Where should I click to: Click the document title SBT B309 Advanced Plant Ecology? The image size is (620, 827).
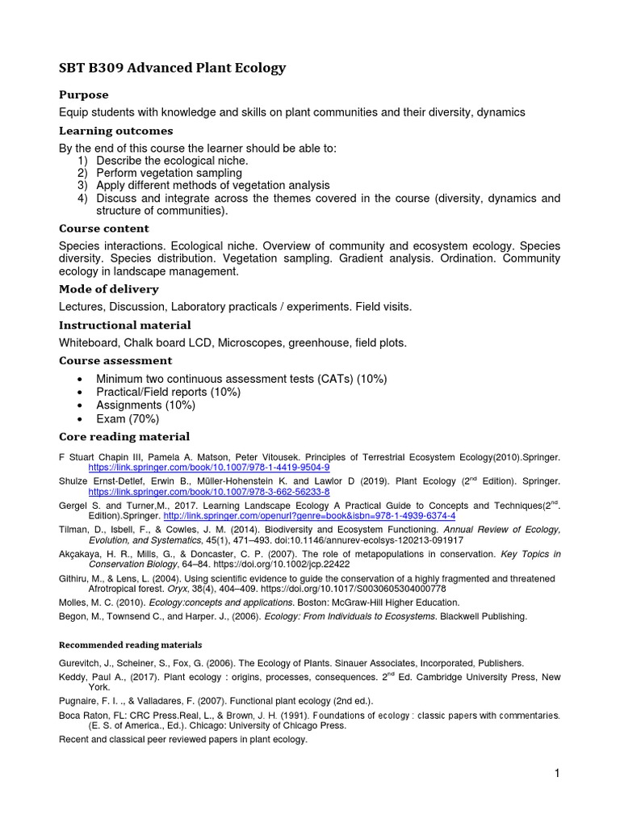point(172,68)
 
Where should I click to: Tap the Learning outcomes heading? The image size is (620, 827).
point(115,131)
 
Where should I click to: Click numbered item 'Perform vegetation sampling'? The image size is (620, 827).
point(169,173)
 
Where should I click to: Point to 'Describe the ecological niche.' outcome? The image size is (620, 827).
point(172,161)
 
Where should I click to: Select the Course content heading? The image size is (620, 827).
point(103,229)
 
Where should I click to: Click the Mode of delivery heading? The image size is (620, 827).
point(108,289)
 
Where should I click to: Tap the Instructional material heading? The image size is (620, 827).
point(124,325)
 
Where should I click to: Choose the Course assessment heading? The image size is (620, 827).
point(115,360)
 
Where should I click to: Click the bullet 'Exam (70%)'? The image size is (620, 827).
point(128,419)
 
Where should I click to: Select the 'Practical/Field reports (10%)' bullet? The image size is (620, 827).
point(168,392)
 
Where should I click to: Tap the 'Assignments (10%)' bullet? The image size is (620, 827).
point(145,405)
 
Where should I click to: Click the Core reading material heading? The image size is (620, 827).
point(124,437)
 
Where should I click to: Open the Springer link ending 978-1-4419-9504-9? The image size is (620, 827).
point(208,468)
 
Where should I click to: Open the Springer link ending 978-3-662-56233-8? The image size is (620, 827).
point(208,491)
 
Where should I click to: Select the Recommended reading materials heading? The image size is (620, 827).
point(131,645)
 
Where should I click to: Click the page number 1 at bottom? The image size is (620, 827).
point(557,774)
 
